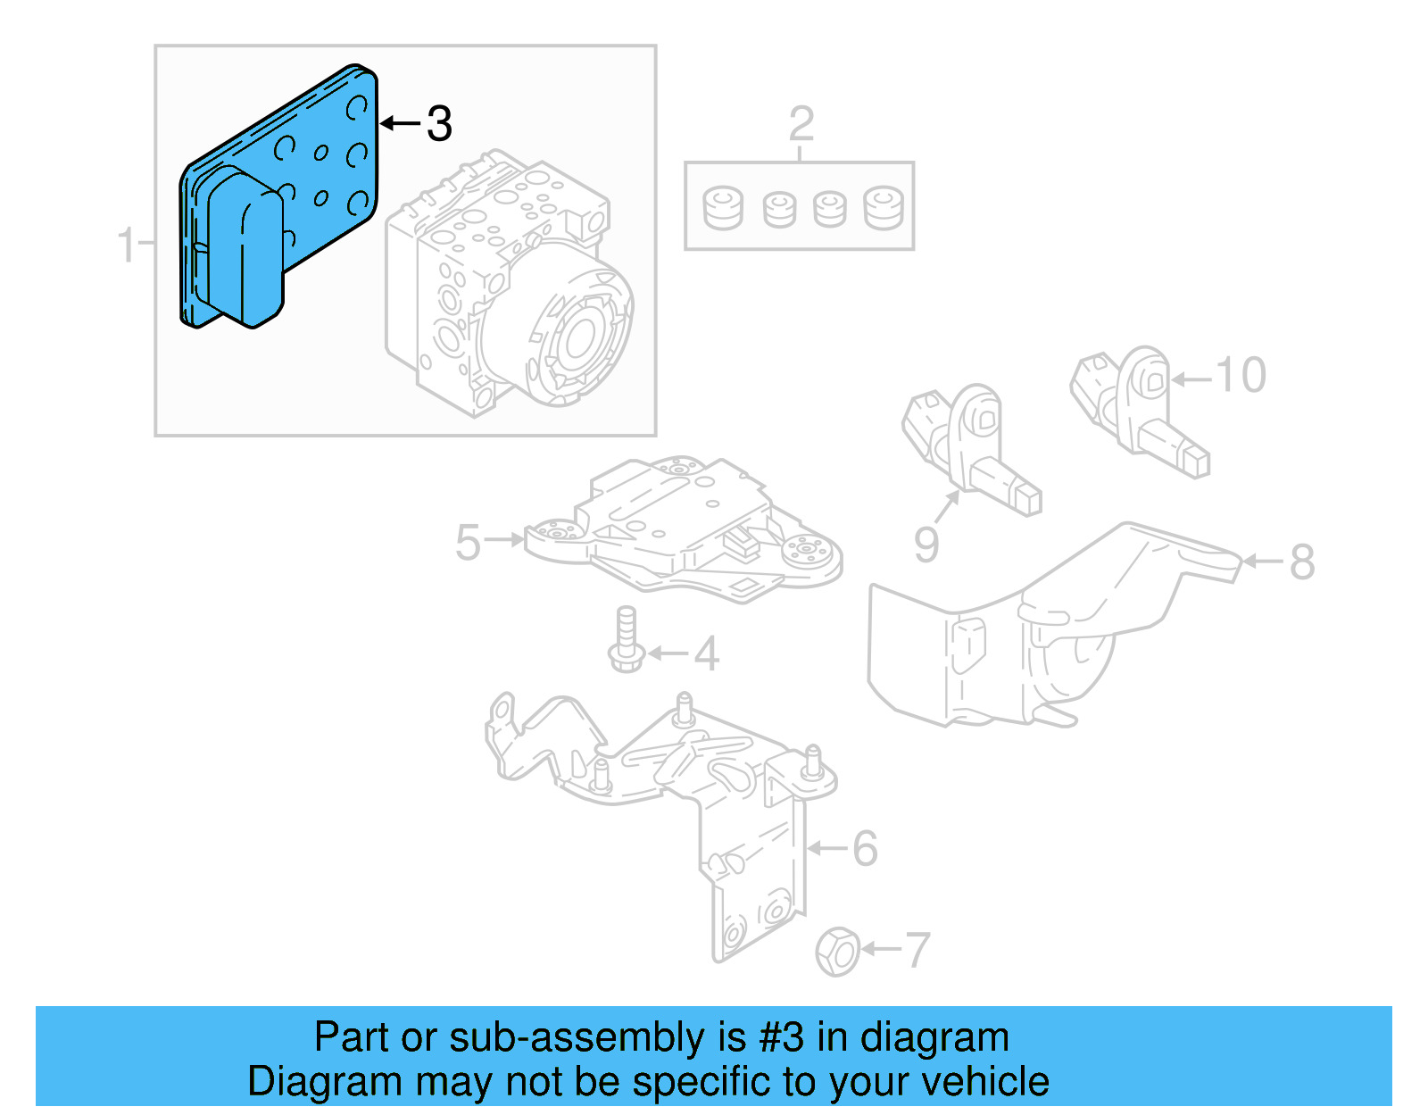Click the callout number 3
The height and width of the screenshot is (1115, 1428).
pos(439,123)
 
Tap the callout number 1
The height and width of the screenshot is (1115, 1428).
pos(127,244)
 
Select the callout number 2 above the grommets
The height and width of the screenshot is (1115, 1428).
pos(801,124)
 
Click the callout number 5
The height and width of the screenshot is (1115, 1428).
pos(468,542)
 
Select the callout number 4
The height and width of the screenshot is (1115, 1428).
pos(706,654)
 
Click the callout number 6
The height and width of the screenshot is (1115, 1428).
pos(864,848)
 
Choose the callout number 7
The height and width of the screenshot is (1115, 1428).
pos(917,950)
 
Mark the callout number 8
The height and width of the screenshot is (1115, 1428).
pos(1301,562)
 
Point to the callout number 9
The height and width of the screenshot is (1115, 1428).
pos(926,544)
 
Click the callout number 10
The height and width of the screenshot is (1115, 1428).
pos(1240,376)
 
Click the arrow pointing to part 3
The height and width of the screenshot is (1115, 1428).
pos(400,123)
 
